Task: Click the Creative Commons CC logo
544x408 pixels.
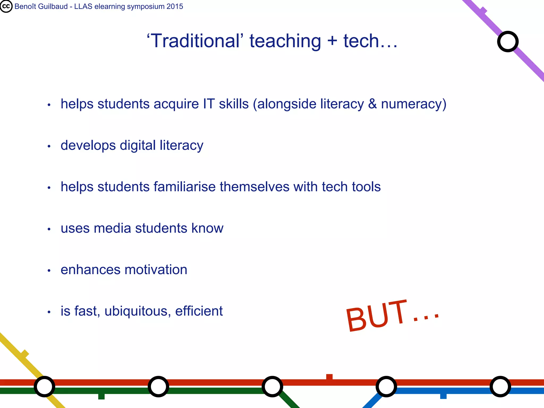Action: click(x=6, y=6)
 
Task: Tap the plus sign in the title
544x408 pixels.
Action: click(x=332, y=41)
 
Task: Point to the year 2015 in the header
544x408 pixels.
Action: click(x=175, y=6)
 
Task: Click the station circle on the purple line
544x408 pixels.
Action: click(x=508, y=42)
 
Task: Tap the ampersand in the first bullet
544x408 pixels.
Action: click(x=372, y=104)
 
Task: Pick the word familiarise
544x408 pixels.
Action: click(x=185, y=187)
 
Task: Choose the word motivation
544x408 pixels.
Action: click(x=156, y=270)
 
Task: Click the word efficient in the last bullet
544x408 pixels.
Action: click(x=199, y=311)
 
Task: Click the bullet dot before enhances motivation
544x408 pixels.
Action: click(x=49, y=271)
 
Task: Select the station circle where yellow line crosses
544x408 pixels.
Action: click(x=44, y=386)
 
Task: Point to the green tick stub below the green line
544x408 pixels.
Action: click(x=101, y=396)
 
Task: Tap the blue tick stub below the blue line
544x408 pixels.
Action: click(x=443, y=396)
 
